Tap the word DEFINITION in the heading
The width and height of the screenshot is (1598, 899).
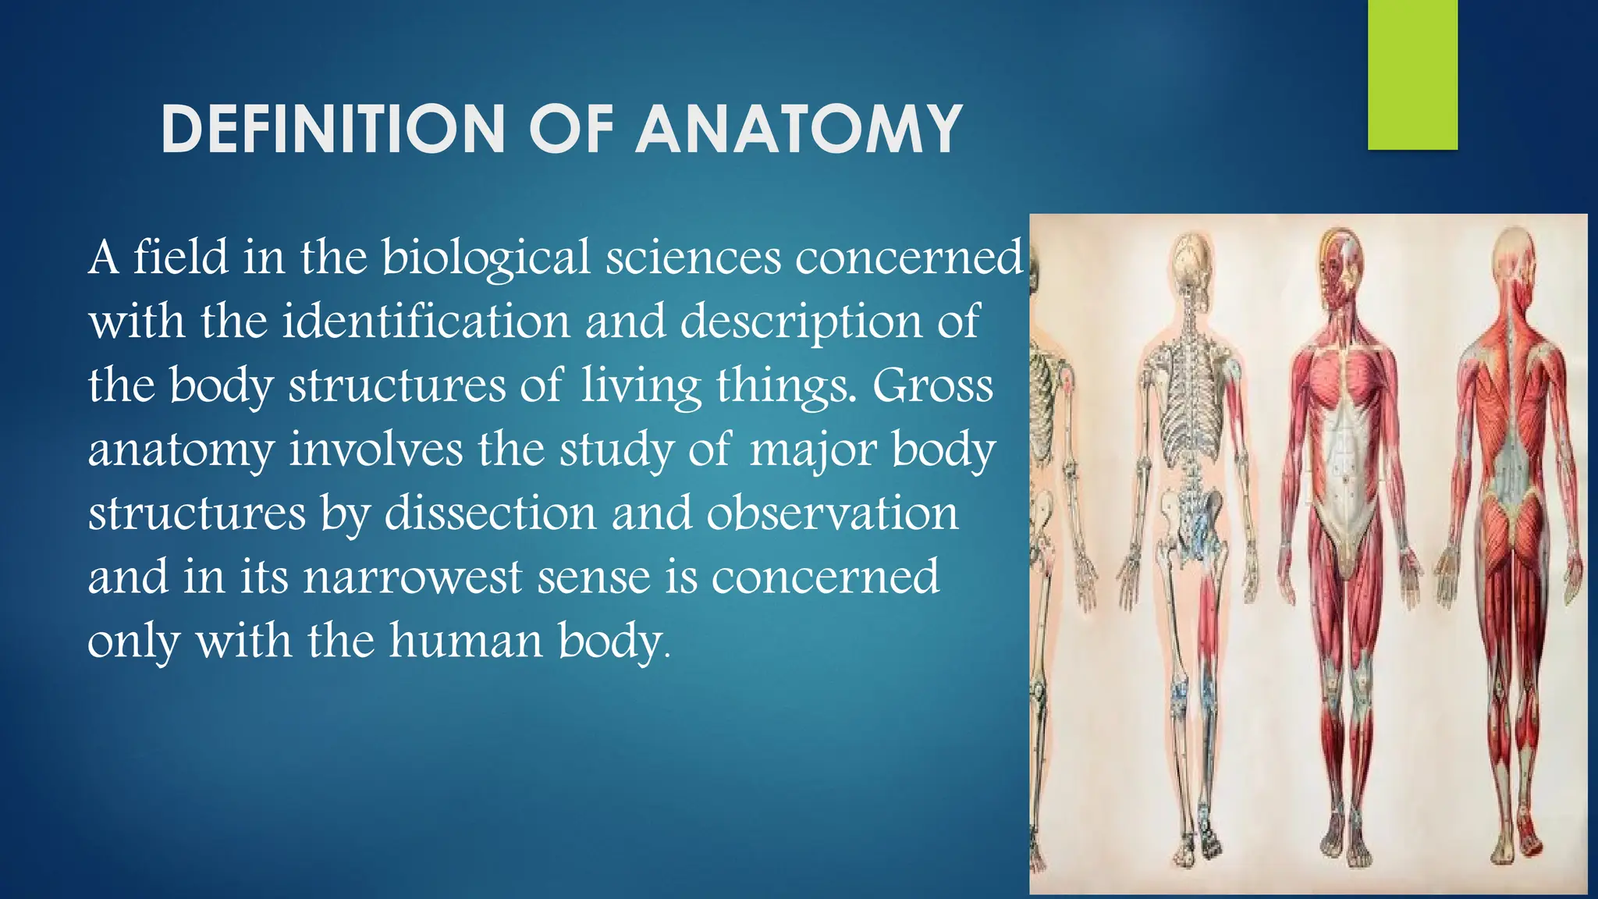pos(333,130)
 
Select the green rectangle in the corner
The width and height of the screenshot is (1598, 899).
pos(1412,74)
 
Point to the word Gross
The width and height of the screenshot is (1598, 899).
pos(932,386)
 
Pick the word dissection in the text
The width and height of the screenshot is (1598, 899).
pos(490,513)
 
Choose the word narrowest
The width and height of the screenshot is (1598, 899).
pos(413,577)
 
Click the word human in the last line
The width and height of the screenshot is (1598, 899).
pos(465,641)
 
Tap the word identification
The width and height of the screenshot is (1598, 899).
pos(426,322)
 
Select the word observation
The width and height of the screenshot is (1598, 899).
pos(832,513)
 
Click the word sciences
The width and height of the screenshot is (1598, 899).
pos(693,258)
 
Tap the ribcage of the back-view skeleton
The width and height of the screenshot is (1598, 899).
pos(1189,398)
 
